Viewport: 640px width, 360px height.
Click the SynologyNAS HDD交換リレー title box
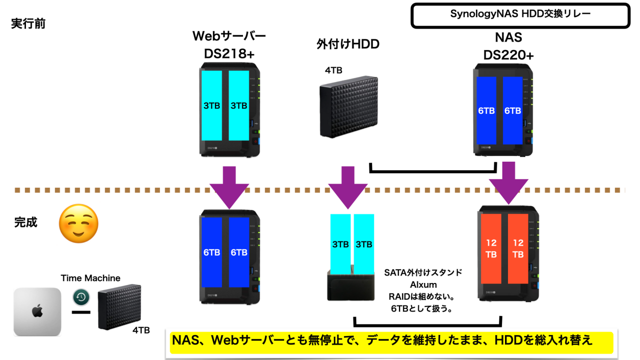pyautogui.click(x=520, y=15)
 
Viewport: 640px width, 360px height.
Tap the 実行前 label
pyautogui.click(x=28, y=24)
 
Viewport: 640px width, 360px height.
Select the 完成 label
pyautogui.click(x=25, y=223)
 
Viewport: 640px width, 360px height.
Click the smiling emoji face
pyautogui.click(x=78, y=225)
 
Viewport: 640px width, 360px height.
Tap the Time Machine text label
pyautogui.click(x=91, y=278)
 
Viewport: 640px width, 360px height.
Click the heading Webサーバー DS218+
pyautogui.click(x=229, y=45)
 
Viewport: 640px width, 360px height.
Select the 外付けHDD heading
pyautogui.click(x=348, y=44)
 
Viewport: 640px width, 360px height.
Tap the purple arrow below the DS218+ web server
pyautogui.click(x=229, y=186)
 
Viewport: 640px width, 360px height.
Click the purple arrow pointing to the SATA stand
pyautogui.click(x=348, y=186)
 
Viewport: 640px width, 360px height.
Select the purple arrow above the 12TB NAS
pyautogui.click(x=508, y=184)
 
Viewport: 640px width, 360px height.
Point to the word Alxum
pyautogui.click(x=423, y=285)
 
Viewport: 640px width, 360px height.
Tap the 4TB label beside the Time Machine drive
pyautogui.click(x=141, y=330)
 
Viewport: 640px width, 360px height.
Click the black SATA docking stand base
pyautogui.click(x=351, y=289)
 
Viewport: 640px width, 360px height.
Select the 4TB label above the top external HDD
pyautogui.click(x=334, y=70)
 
